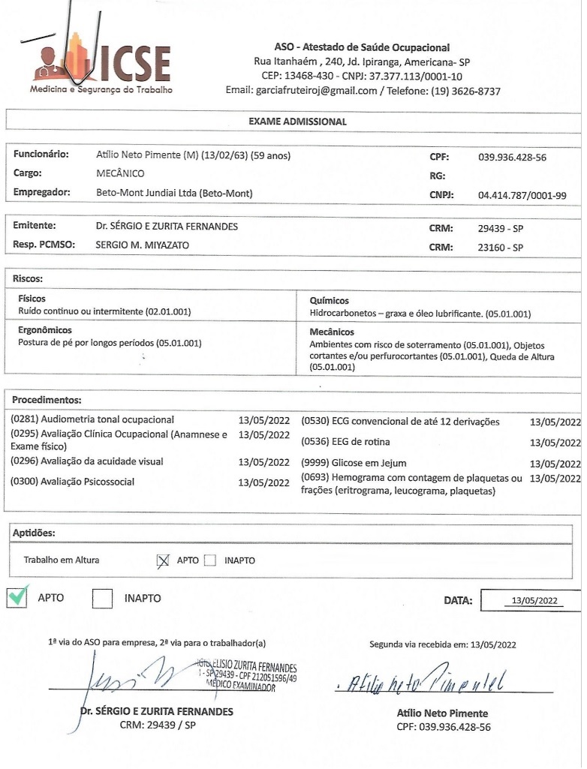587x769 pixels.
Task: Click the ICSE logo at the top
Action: click(x=101, y=66)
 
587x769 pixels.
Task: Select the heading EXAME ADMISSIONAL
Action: click(x=297, y=120)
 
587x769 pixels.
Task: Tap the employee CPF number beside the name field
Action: click(x=511, y=158)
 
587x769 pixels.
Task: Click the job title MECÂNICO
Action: click(x=120, y=174)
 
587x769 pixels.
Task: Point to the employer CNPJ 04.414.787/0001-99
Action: click(x=522, y=195)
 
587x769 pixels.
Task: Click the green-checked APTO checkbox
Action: click(x=18, y=598)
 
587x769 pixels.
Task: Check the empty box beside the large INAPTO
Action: click(x=104, y=599)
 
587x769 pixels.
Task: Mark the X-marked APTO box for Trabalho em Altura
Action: click(x=164, y=560)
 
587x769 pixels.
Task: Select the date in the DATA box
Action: click(x=532, y=601)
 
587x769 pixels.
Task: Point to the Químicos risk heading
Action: click(x=329, y=300)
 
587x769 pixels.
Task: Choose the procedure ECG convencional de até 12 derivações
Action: click(x=400, y=422)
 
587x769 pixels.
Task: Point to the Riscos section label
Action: click(x=29, y=278)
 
